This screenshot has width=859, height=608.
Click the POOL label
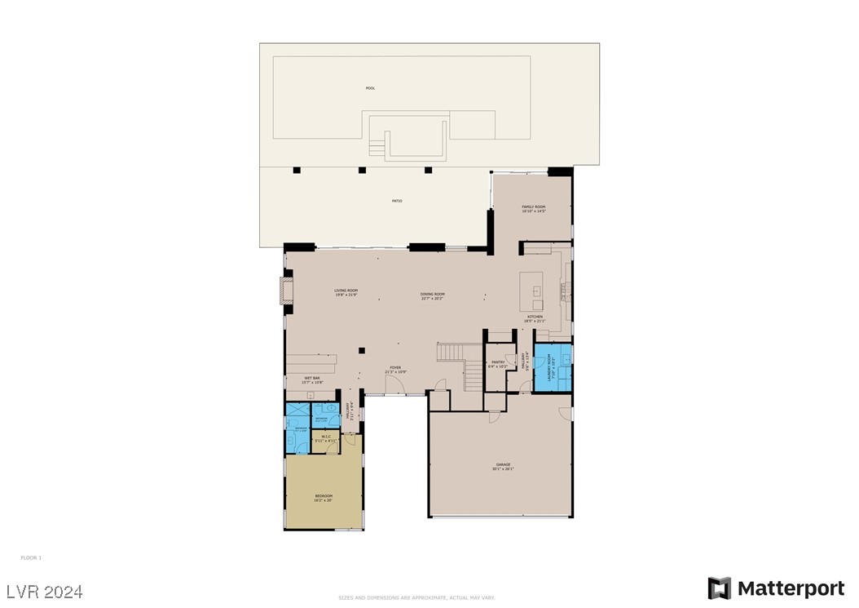(x=371, y=88)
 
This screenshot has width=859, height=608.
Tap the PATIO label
(x=398, y=201)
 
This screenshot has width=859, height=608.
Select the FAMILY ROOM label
(x=534, y=207)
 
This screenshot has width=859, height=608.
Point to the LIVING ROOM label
(x=346, y=291)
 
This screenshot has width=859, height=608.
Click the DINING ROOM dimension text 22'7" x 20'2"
(x=433, y=298)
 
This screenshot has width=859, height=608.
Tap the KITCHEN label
(x=535, y=317)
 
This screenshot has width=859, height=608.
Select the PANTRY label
(x=498, y=363)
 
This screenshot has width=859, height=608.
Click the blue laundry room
(x=553, y=368)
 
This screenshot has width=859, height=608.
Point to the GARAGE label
(x=503, y=464)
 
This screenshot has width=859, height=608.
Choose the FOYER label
(x=395, y=369)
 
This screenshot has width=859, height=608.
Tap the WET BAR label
(x=312, y=378)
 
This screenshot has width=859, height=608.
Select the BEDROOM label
(x=324, y=495)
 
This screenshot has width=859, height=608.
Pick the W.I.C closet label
(x=325, y=437)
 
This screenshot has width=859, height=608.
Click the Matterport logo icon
(x=720, y=588)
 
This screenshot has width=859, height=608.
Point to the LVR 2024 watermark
(x=45, y=591)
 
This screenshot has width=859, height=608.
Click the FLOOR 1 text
(x=31, y=557)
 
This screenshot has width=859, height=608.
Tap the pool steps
(x=376, y=148)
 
